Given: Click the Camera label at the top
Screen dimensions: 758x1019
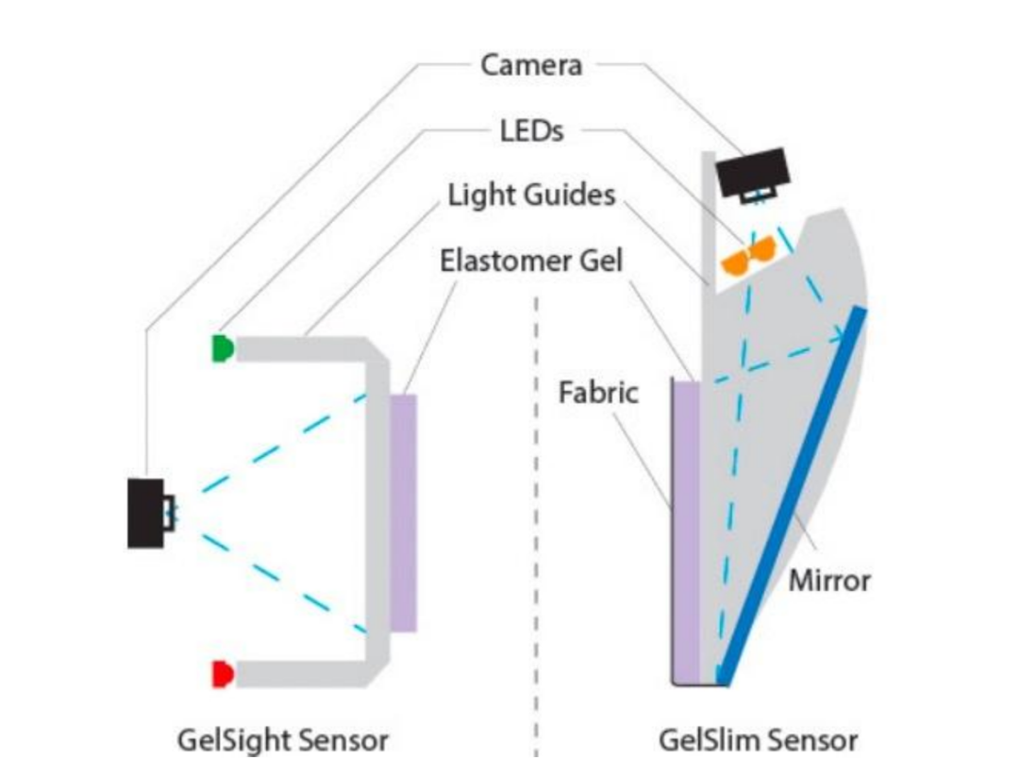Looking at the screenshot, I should pos(531,65).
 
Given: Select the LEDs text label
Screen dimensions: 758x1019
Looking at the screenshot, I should pos(531,130).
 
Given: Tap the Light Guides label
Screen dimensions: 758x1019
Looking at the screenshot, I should pos(531,194).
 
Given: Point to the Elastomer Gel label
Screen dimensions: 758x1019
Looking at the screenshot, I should pos(531,260).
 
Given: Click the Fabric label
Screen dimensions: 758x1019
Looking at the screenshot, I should pos(598,391).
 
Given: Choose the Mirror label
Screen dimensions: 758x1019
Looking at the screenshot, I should pos(829,579).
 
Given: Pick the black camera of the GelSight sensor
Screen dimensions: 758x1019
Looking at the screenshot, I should pos(145,513).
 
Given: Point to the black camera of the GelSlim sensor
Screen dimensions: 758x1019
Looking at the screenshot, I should pos(751,170).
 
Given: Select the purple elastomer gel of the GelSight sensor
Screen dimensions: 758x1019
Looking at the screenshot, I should pos(403,513).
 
